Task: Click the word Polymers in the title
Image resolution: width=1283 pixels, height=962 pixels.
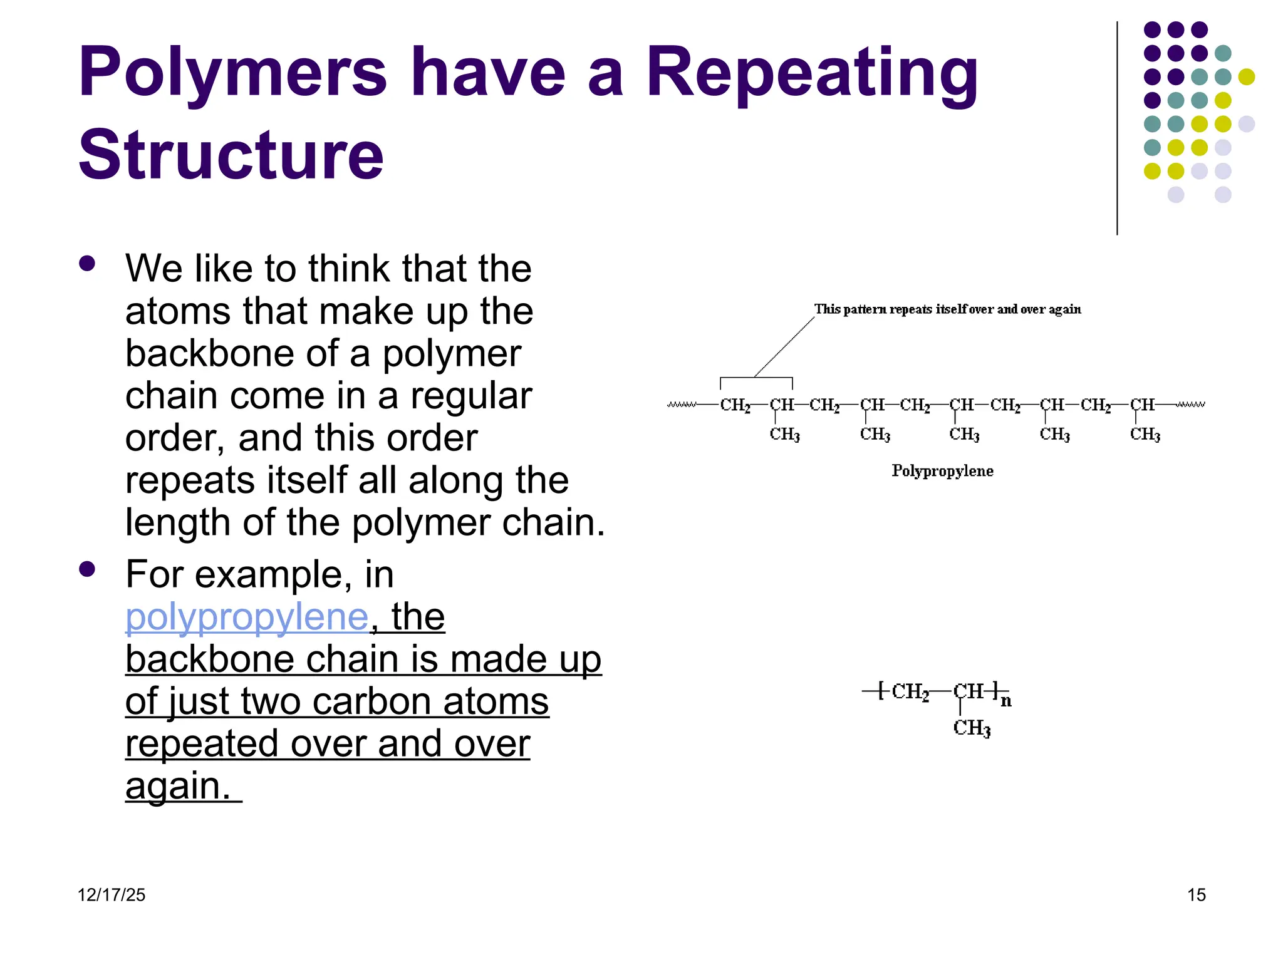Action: click(232, 74)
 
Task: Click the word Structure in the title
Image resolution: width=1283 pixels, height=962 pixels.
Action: click(231, 155)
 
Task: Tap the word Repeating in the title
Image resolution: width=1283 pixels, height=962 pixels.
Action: click(811, 74)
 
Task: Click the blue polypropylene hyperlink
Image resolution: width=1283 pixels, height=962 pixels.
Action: click(247, 618)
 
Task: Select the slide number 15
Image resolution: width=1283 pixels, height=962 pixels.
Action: click(1196, 895)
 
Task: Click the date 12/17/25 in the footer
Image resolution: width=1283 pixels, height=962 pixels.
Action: click(111, 895)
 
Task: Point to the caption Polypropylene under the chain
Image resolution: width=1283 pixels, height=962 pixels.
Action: click(942, 471)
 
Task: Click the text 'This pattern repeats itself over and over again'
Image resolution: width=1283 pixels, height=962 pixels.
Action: click(947, 309)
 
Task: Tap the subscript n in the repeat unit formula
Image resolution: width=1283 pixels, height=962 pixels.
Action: click(1006, 701)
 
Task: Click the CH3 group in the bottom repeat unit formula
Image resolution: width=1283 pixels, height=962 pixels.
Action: click(972, 728)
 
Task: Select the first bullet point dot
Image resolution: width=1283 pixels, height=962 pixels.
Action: click(87, 263)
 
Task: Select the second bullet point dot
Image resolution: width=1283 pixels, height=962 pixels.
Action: click(87, 569)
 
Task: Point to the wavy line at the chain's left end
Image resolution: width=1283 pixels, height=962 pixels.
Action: click(682, 405)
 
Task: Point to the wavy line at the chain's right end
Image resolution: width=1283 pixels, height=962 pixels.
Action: click(1190, 405)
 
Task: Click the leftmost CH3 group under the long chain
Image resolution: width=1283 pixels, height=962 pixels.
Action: click(784, 435)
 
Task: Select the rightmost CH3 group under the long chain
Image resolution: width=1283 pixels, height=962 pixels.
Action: click(1145, 435)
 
